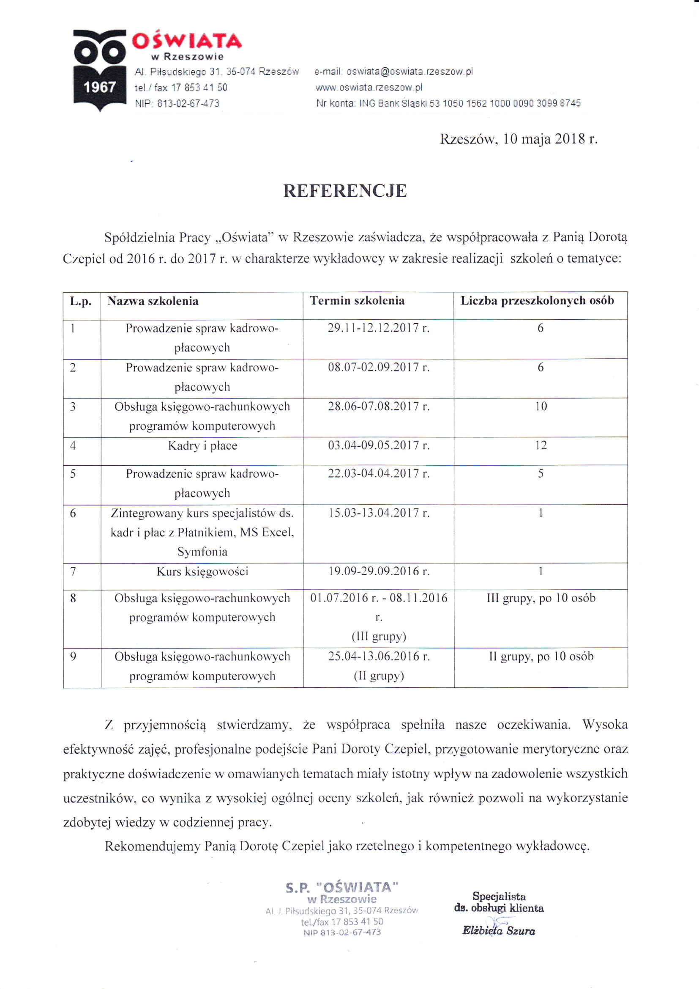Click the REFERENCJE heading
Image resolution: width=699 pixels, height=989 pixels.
tap(345, 191)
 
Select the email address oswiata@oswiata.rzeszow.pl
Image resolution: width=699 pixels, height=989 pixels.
tap(410, 71)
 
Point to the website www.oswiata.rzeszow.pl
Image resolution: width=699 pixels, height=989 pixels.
tap(369, 88)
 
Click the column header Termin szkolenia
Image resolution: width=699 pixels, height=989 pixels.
tap(357, 301)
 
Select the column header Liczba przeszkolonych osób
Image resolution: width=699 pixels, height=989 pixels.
tap(537, 301)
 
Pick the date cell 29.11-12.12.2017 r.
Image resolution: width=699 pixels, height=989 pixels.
tap(378, 328)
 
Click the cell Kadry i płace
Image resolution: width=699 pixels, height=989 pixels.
tap(202, 445)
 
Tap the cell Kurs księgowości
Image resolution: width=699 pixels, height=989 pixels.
tap(202, 571)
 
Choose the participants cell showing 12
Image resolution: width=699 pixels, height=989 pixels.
tap(541, 445)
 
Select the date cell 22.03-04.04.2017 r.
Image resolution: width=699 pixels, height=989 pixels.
tap(378, 473)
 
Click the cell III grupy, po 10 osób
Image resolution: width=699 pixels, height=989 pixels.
tap(541, 598)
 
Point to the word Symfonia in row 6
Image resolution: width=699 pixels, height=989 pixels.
tap(202, 551)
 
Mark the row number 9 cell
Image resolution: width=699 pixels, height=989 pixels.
tap(73, 657)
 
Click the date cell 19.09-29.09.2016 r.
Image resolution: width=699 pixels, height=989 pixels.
tap(378, 571)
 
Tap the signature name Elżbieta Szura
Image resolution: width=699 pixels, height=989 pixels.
tap(498, 931)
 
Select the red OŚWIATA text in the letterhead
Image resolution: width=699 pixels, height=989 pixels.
tap(187, 41)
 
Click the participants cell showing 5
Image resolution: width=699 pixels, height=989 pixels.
tap(541, 473)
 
